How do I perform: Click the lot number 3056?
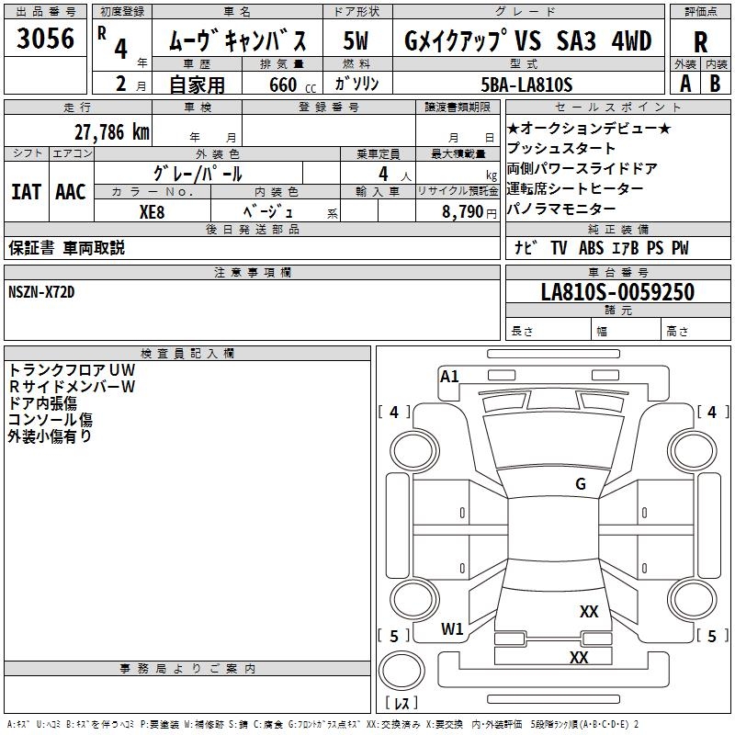pos(46,39)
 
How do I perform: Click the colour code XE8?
pos(153,210)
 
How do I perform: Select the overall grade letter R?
pos(700,41)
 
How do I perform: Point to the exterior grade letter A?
pos(684,83)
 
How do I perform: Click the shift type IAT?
pos(26,191)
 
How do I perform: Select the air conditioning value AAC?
pos(70,191)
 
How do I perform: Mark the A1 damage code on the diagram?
pos(449,377)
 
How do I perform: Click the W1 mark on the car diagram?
pos(452,629)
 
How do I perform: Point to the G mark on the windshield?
pos(581,484)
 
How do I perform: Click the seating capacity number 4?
pos(381,173)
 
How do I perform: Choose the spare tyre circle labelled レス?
pos(402,681)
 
